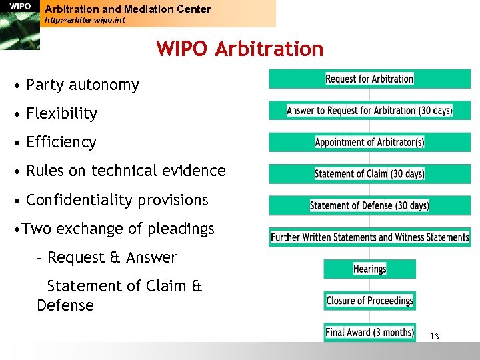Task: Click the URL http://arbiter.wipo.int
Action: pos(85,20)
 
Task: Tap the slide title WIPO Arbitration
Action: pos(239,49)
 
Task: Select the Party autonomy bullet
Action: pos(82,85)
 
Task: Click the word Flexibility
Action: pos(61,114)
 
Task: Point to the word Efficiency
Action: pos(61,143)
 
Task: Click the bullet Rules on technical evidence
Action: pos(125,171)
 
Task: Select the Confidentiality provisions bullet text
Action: pos(117,200)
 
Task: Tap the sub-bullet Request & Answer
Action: pos(111,257)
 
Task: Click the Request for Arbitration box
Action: pos(369,79)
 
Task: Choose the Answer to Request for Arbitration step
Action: pos(369,111)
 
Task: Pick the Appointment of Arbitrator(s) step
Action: pos(369,142)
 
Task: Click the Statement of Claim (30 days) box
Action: pos(369,174)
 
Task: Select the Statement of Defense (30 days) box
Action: pos(369,205)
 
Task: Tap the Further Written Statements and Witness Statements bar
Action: pos(369,237)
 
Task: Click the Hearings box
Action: pos(369,269)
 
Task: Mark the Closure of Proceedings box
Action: pos(369,301)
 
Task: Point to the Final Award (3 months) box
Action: pos(369,332)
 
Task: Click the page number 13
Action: pos(434,337)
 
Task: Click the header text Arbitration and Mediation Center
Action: pos(127,9)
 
